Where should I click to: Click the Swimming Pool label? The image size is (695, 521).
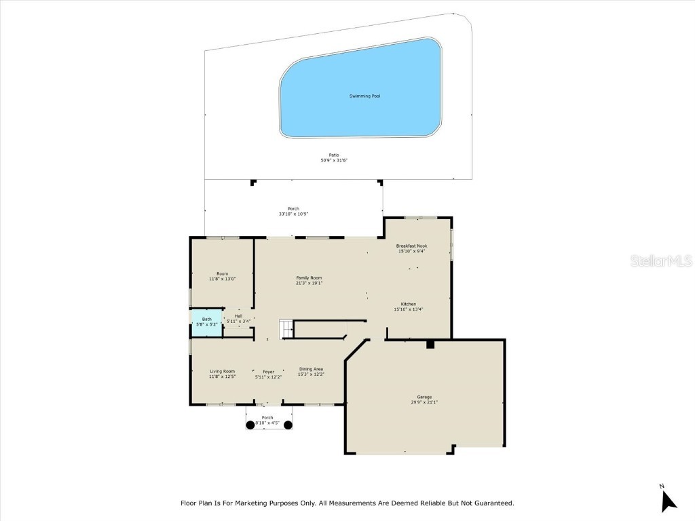364,96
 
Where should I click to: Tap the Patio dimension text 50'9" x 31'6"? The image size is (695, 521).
334,161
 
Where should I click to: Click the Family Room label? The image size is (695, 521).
309,278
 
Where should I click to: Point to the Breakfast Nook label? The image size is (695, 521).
411,247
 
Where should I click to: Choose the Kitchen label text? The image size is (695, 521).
408,304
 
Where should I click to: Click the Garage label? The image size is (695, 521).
424,397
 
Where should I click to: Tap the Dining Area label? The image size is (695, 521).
312,369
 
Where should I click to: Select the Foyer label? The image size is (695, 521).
269,372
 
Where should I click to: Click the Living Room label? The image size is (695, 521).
222,371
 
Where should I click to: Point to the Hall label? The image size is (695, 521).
238,316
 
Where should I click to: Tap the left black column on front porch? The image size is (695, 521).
250,425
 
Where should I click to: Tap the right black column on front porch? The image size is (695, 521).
288,425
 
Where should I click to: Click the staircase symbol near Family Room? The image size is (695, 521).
287,329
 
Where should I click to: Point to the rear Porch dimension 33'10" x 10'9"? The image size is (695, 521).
293,214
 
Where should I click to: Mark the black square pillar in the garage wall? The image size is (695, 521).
430,345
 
